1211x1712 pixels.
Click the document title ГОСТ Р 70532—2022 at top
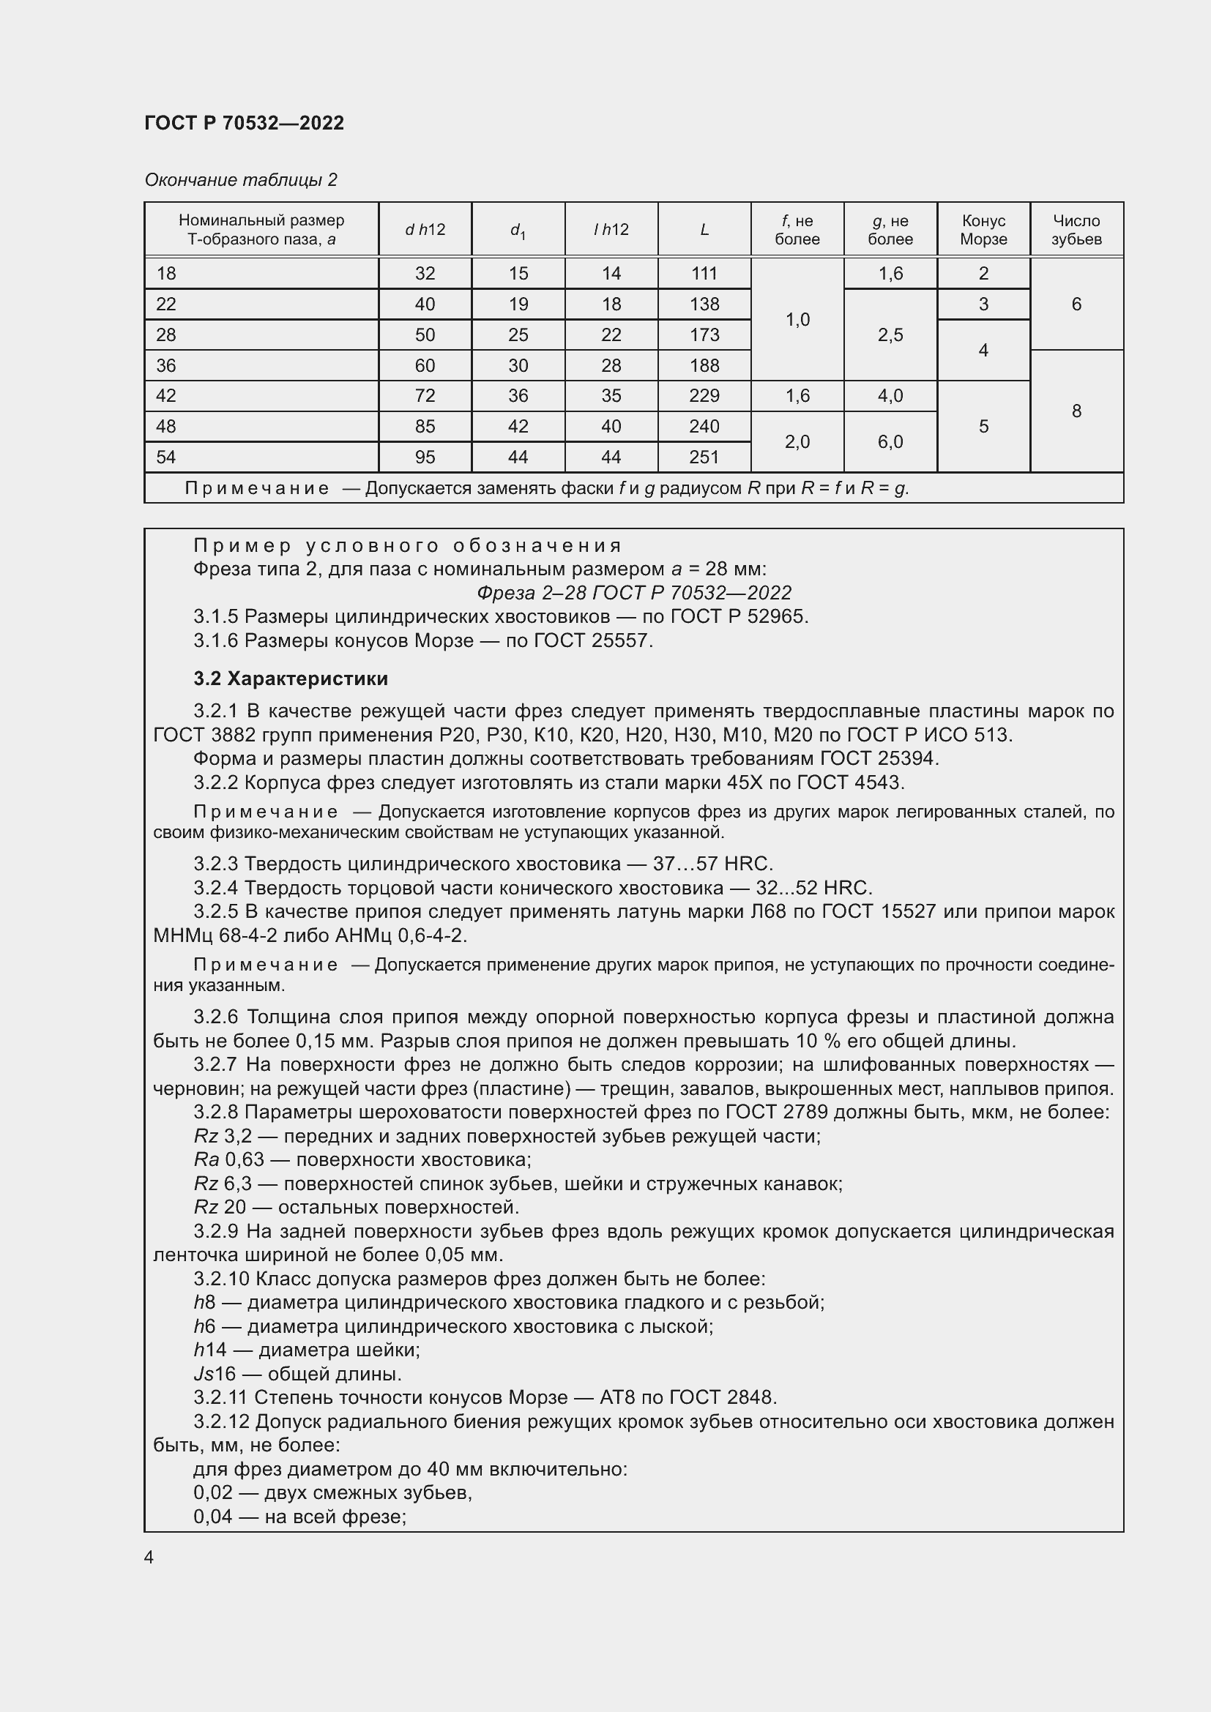244,123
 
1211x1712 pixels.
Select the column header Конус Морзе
983,230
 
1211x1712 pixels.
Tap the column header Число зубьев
1076,230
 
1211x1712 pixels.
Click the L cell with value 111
704,274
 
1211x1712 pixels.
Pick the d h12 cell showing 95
425,457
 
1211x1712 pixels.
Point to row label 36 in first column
166,365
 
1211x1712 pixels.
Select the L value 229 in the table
704,396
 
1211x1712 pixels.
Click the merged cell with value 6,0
890,441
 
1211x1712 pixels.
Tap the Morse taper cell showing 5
983,427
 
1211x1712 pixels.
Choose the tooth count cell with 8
1076,411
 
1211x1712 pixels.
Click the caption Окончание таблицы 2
241,180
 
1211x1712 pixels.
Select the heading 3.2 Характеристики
291,679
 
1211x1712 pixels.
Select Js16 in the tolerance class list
214,1373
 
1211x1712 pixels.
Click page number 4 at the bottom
149,1557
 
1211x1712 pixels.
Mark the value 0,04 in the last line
212,1516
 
